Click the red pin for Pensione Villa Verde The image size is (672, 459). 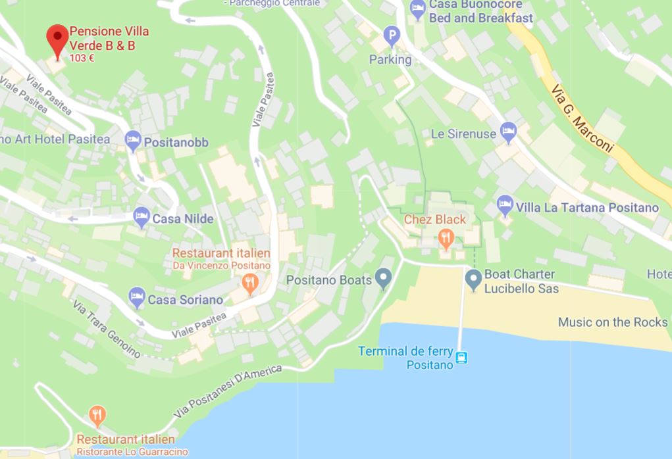pos(57,40)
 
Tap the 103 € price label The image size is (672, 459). pos(82,58)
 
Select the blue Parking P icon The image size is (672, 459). pos(392,36)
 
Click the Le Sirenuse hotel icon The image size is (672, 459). pos(508,133)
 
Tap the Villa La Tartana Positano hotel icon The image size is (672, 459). pos(505,206)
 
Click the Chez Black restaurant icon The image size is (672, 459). pos(446,237)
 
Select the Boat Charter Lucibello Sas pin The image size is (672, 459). pos(473,280)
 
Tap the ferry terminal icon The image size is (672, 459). pos(462,358)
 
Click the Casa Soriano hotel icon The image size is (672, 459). pos(137,298)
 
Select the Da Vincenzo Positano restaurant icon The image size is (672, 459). pos(249,283)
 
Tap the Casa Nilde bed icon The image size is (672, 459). pos(142,217)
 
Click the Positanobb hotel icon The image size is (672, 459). pos(133,141)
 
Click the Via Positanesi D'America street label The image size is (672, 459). pos(228,392)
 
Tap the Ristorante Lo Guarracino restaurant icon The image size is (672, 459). pos(97,416)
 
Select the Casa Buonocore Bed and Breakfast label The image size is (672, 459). pos(480,11)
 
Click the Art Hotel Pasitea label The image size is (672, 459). pos(55,139)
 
